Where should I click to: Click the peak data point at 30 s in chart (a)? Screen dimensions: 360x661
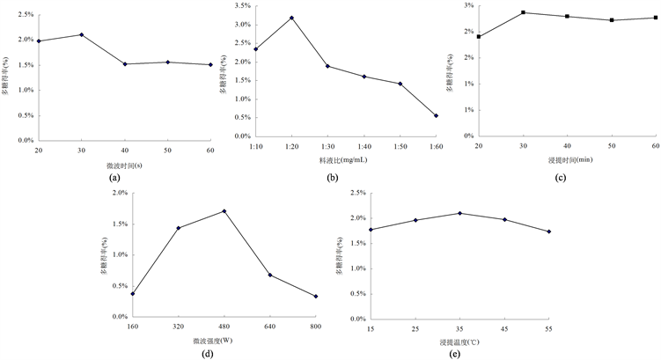coord(82,34)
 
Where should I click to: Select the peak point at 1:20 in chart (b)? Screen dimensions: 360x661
coord(291,18)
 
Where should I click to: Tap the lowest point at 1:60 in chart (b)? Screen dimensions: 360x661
coord(435,115)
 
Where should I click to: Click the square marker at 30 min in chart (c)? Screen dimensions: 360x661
coord(523,12)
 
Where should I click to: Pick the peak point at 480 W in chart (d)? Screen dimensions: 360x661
coord(224,211)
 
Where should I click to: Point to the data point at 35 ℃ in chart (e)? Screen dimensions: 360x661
coord(459,213)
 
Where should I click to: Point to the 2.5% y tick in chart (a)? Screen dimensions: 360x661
coord(25,15)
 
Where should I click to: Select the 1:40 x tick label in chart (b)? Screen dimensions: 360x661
coord(363,147)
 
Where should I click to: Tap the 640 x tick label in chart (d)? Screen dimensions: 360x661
coord(270,327)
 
